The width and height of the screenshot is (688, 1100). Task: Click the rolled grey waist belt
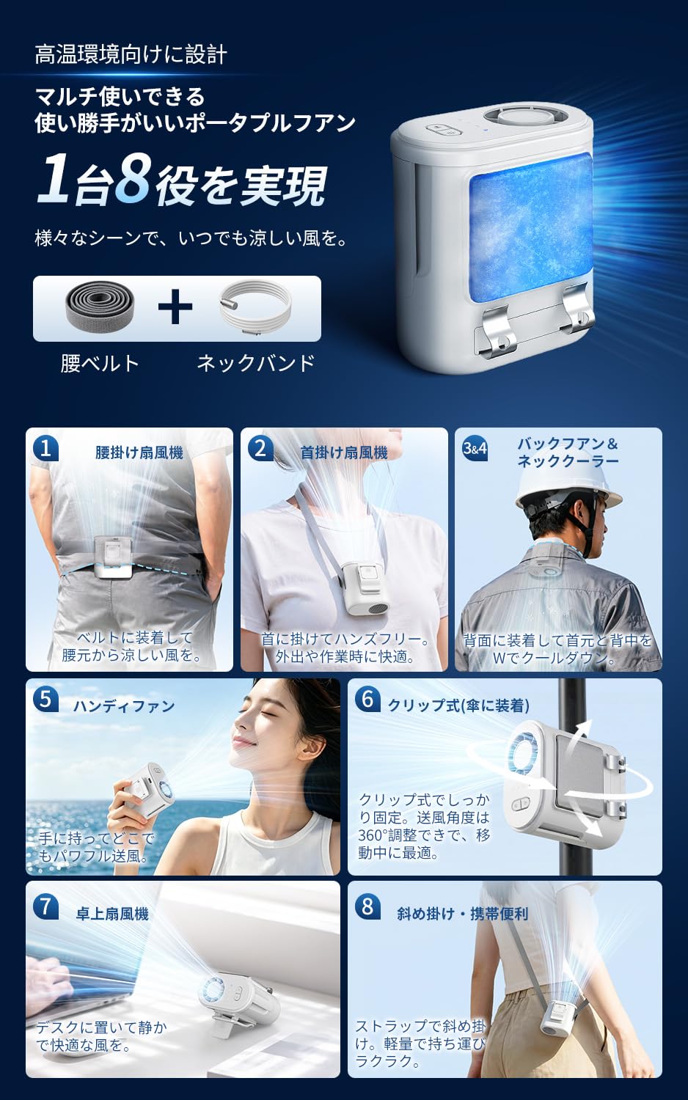99,306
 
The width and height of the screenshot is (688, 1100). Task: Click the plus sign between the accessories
175,307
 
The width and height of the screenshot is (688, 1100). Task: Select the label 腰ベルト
100,364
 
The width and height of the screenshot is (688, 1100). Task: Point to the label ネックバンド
256,364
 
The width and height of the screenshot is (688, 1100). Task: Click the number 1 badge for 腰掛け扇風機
45,449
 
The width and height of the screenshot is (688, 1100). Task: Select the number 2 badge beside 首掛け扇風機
261,449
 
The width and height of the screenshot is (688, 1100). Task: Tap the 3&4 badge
475,449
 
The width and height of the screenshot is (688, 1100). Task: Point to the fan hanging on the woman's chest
364,588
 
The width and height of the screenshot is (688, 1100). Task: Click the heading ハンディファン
124,706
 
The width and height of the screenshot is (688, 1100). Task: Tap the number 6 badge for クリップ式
367,700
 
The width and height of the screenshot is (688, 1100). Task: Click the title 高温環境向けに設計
131,54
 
